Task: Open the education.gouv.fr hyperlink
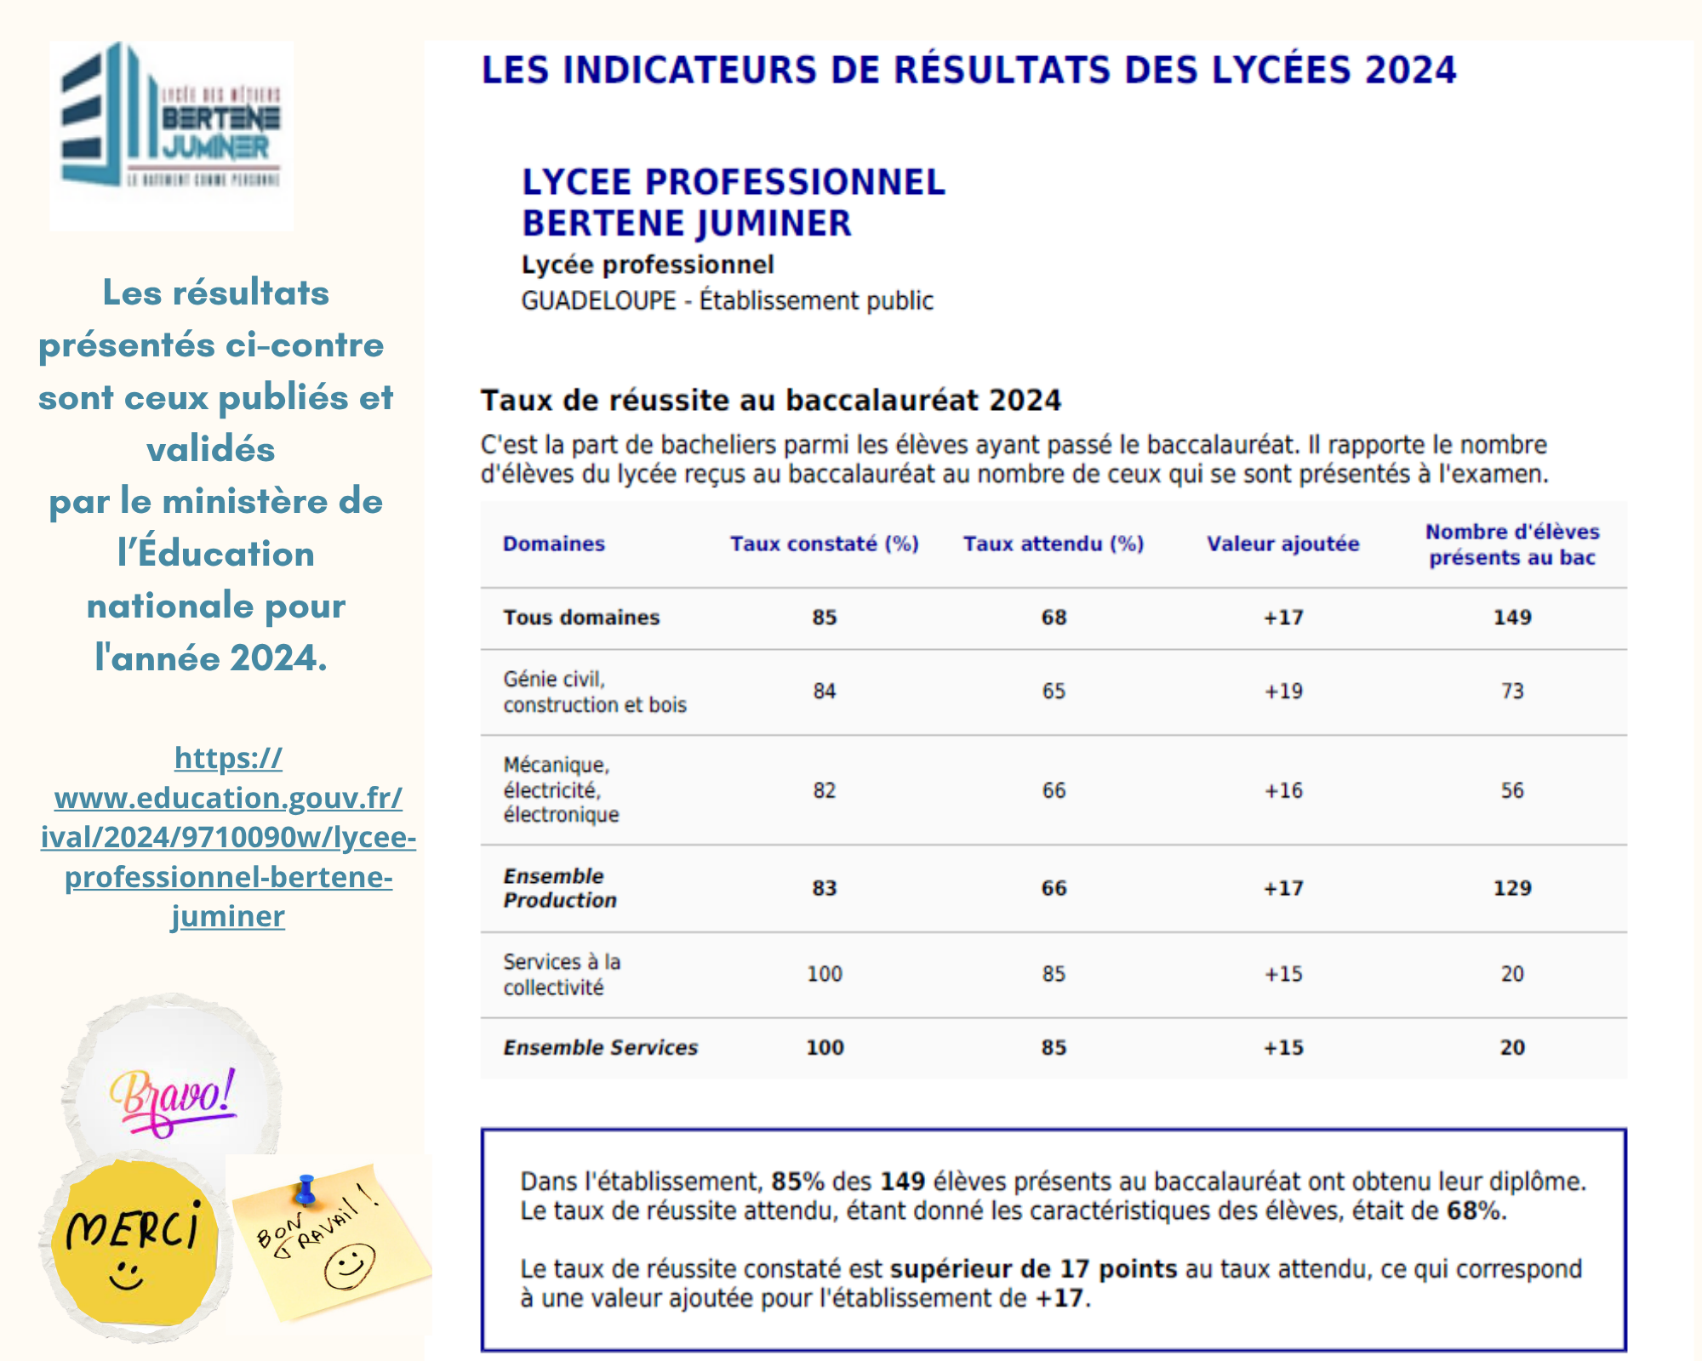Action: coord(228,836)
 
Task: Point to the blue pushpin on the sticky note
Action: coord(306,1188)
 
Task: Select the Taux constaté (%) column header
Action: coord(824,544)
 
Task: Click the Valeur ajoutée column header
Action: coord(1282,544)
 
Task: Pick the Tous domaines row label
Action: coord(581,618)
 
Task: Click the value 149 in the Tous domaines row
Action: coord(1512,618)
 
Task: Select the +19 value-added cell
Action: coord(1282,692)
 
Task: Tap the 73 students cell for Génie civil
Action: coord(1512,692)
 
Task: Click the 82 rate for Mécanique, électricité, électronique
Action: coord(824,791)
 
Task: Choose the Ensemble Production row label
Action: coord(559,888)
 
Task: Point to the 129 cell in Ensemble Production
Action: coord(1512,888)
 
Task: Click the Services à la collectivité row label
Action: coord(562,975)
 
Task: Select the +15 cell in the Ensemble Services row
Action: coord(1282,1048)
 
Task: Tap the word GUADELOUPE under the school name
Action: coord(598,301)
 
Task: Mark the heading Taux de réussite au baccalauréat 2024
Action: coord(771,401)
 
